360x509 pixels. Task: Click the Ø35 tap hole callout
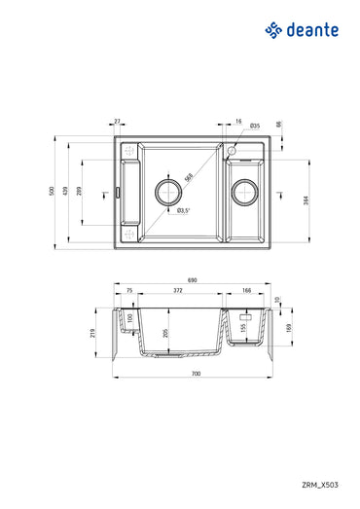point(253,127)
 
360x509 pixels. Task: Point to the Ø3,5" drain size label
point(183,209)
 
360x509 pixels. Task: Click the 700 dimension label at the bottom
point(196,375)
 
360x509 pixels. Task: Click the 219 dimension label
point(93,334)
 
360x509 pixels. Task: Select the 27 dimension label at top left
point(118,123)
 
